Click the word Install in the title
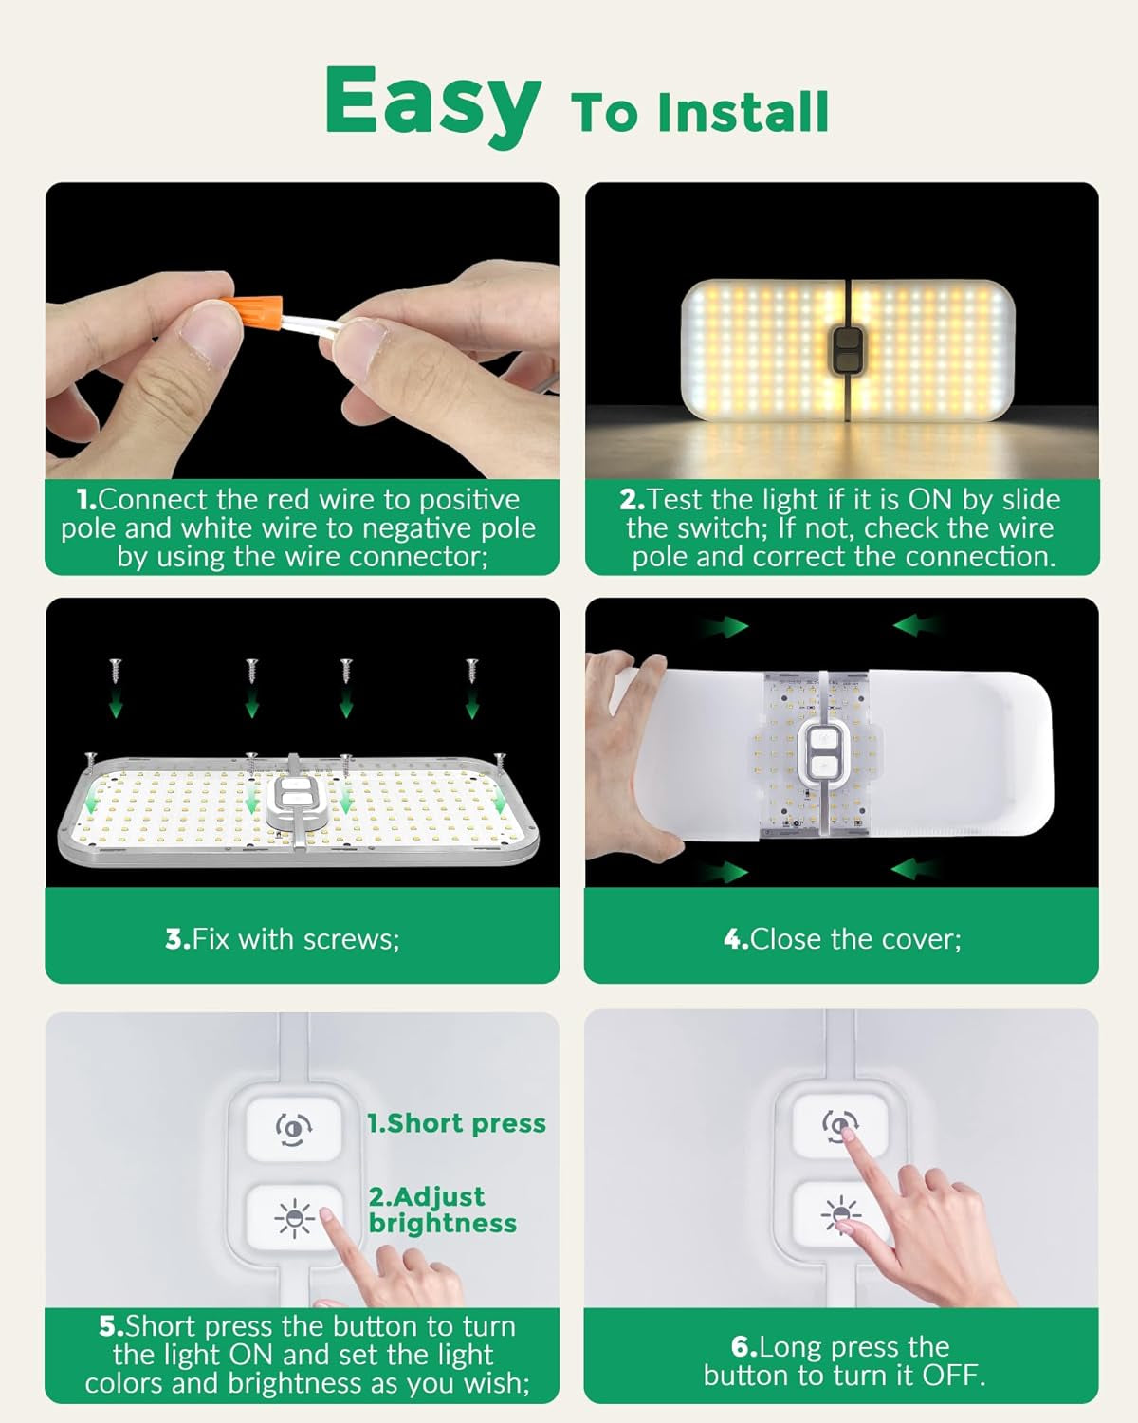[743, 112]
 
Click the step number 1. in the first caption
[86, 500]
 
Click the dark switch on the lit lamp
[847, 350]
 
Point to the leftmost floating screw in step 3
[115, 671]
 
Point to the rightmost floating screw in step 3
[471, 671]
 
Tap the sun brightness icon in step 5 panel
[294, 1217]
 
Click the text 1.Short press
[457, 1124]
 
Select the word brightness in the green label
[443, 1224]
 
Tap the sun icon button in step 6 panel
[840, 1215]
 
